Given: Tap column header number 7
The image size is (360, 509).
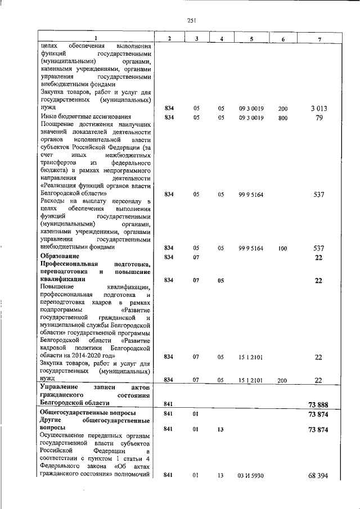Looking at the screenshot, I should pyautogui.click(x=318, y=38).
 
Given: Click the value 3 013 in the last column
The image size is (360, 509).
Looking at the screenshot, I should pyautogui.click(x=318, y=108).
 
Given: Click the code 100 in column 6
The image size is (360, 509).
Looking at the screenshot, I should pyautogui.click(x=282, y=247).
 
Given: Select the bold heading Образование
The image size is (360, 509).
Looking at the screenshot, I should pyautogui.click(x=59, y=256).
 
